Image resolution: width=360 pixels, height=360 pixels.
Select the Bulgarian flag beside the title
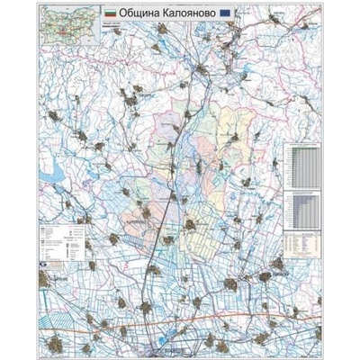click(110, 13)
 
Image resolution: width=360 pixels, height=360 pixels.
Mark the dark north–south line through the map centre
click(167, 207)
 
